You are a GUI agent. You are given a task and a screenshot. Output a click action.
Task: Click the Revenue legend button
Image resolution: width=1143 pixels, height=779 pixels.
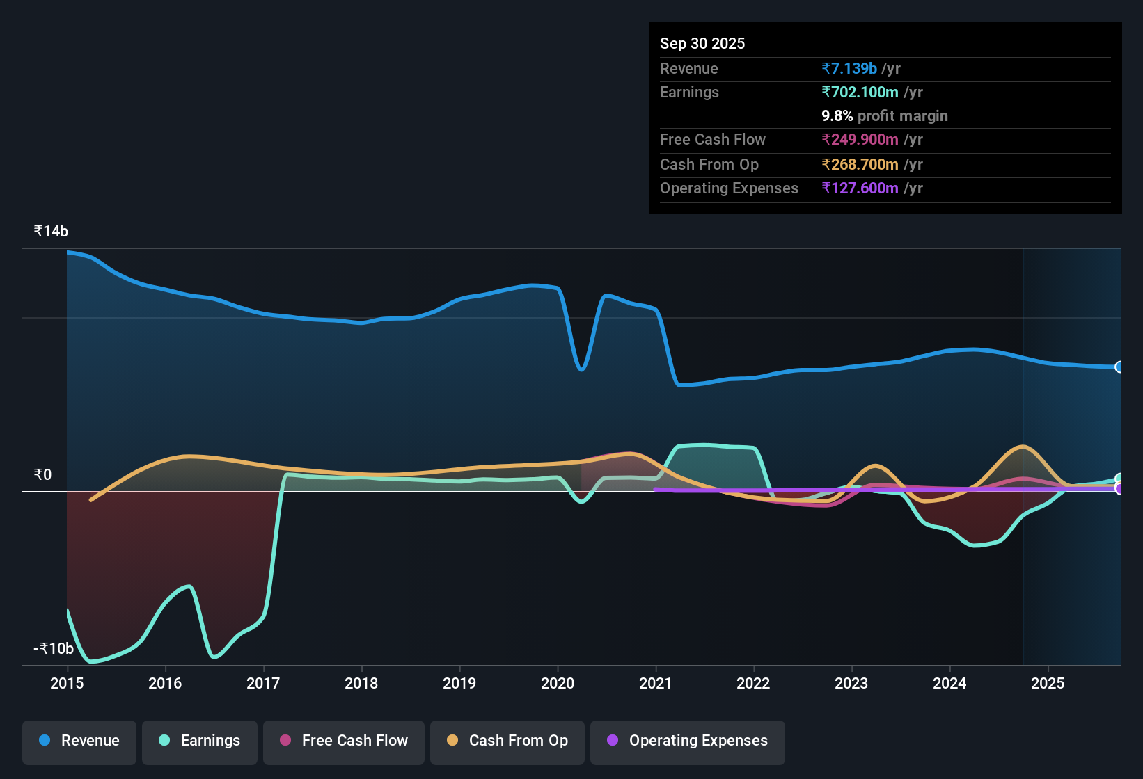click(79, 741)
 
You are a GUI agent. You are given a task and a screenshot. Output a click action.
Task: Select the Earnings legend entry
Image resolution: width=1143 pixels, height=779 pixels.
click(200, 741)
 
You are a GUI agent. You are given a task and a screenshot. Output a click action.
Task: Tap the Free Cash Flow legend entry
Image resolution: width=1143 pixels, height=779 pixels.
click(344, 741)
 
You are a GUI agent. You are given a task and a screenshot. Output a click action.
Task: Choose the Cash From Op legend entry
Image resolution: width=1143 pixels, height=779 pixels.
click(507, 741)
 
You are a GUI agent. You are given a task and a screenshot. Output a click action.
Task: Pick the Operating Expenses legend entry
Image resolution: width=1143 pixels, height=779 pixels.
click(688, 741)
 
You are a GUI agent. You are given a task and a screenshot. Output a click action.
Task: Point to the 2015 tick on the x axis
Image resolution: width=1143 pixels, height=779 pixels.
click(67, 683)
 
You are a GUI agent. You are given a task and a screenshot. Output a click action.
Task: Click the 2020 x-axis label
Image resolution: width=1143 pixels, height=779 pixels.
click(558, 683)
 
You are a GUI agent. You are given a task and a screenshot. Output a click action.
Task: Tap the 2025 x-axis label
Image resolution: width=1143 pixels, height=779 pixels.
click(1048, 683)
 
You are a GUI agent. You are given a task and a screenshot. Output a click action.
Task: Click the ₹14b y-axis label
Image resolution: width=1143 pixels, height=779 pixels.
click(51, 232)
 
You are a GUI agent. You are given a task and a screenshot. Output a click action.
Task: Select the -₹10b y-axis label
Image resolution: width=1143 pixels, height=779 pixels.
click(54, 648)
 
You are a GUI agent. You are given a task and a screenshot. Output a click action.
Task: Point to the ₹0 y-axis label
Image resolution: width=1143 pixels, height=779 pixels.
click(42, 474)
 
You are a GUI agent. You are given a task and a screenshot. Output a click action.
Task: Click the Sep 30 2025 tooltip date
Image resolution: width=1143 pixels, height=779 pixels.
click(702, 43)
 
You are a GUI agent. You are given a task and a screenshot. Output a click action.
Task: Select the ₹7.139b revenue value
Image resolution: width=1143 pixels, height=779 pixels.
click(849, 68)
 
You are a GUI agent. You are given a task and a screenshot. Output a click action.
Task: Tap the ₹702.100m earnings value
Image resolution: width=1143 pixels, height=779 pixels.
click(860, 92)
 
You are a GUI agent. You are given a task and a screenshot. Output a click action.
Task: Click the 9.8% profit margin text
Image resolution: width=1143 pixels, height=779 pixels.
click(884, 115)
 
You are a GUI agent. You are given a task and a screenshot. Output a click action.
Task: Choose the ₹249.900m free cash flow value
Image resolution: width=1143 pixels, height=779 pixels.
click(860, 139)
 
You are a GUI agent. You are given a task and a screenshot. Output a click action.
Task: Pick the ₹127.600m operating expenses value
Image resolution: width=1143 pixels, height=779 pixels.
click(860, 188)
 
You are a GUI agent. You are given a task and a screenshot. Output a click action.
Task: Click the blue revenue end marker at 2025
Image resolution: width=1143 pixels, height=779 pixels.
click(1119, 367)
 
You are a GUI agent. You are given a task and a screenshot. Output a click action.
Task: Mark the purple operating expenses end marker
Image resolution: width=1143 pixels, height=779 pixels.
click(1119, 489)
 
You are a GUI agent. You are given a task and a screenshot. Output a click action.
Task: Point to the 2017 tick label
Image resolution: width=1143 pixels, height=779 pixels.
click(263, 683)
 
